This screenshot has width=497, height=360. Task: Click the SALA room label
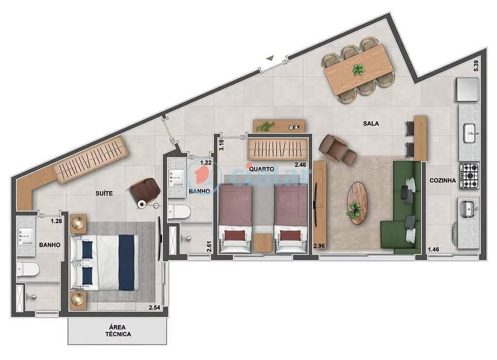tap(371, 124)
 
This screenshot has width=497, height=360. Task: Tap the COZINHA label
tap(442, 180)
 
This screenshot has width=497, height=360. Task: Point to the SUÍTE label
tap(104, 193)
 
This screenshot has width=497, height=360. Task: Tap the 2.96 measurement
tap(319, 245)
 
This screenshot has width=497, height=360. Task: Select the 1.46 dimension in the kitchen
tap(433, 250)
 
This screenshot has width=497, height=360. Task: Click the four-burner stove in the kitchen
tap(469, 175)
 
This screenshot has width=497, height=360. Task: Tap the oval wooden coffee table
tap(357, 202)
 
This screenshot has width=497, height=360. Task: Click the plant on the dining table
tap(359, 70)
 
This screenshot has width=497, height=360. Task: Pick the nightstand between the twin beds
tap(263, 243)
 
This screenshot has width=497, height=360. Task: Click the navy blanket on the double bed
tap(126, 262)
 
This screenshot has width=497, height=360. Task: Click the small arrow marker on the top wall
tap(269, 58)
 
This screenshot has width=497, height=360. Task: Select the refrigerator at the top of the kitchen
tap(467, 89)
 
